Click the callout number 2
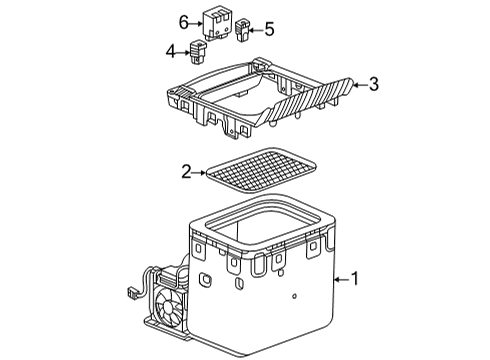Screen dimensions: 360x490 pyautogui.click(x=185, y=173)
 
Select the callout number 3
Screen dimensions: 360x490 pyautogui.click(x=373, y=85)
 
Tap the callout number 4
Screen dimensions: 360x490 pyautogui.click(x=169, y=49)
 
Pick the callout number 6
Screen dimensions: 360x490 pyautogui.click(x=184, y=21)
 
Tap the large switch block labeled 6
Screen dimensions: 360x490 pyautogui.click(x=216, y=21)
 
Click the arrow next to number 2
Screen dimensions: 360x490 pyautogui.click(x=199, y=173)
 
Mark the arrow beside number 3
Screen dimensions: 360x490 pyautogui.click(x=358, y=85)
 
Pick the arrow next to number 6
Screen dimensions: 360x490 pyautogui.click(x=196, y=21)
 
